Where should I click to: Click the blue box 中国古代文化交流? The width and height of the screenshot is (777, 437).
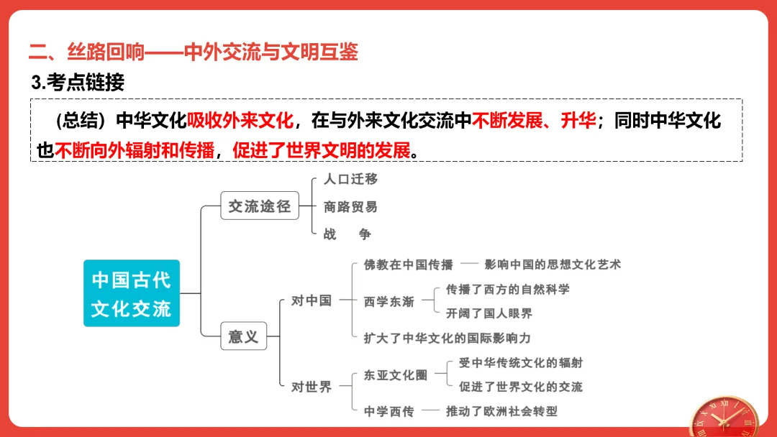click(x=131, y=293)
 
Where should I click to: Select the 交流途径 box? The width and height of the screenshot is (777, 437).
click(x=259, y=206)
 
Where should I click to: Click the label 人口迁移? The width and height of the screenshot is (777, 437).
click(x=350, y=179)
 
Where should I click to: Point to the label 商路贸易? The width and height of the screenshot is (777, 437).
click(x=350, y=207)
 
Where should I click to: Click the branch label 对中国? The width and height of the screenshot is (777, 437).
click(x=312, y=300)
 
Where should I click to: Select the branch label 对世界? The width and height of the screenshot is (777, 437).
click(x=312, y=387)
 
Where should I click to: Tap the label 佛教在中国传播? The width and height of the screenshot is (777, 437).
click(x=409, y=264)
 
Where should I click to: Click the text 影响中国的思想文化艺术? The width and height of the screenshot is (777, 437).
click(x=553, y=264)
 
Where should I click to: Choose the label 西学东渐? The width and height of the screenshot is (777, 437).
click(x=389, y=301)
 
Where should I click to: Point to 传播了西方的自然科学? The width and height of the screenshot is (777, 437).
click(x=508, y=289)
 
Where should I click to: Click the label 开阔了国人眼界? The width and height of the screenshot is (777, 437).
click(x=489, y=313)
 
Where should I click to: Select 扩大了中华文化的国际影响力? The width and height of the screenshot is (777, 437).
click(x=447, y=338)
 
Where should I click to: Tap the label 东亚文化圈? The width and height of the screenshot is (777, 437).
click(x=396, y=375)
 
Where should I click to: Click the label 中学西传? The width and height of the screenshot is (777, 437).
click(x=389, y=411)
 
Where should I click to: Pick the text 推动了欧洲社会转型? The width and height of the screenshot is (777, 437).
click(x=501, y=411)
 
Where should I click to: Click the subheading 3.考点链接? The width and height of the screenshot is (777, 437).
click(x=78, y=83)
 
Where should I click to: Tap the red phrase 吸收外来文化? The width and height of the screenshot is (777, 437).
click(x=240, y=121)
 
